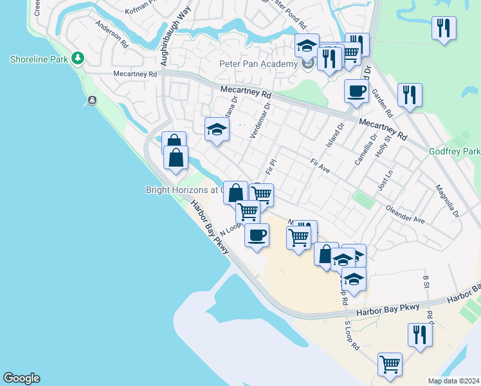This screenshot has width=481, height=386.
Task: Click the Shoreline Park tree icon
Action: tap(78, 59)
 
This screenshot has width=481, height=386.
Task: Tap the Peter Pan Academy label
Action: tap(258, 64)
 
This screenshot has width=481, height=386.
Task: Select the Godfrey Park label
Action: tap(454, 151)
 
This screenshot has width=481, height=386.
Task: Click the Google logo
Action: tap(21, 378)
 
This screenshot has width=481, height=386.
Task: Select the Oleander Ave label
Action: tap(405, 215)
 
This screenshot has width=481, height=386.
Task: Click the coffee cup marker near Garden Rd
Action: tap(356, 91)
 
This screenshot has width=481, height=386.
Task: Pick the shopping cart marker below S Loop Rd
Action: tap(390, 364)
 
